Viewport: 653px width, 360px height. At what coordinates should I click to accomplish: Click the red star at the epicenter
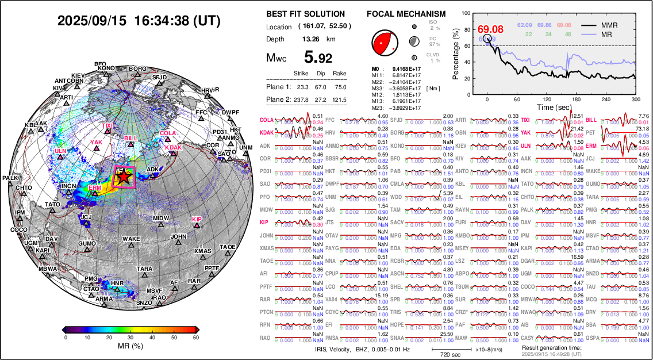point(122,178)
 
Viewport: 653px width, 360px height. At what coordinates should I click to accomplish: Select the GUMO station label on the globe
point(87,244)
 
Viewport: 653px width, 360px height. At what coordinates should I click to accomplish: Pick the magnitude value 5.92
point(318,58)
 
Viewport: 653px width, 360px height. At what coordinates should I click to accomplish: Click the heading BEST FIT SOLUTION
point(306,14)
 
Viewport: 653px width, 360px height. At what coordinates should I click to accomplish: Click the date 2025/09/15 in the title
point(93,21)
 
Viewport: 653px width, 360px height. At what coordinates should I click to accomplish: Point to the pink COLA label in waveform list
point(266,120)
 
